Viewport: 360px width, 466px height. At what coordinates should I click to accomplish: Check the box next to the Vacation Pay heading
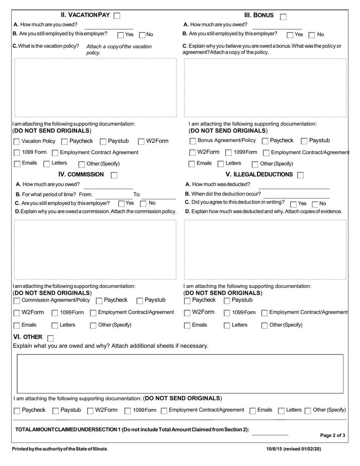[117, 16]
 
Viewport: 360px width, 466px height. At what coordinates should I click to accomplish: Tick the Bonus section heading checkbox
[283, 16]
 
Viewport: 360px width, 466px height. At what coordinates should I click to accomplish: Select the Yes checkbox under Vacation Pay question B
[121, 35]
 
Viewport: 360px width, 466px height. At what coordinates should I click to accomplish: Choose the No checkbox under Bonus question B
[312, 35]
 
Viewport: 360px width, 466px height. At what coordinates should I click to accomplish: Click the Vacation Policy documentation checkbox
[17, 142]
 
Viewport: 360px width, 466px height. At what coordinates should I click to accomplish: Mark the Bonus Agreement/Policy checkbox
[193, 141]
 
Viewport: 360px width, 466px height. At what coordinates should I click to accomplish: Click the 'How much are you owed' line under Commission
[108, 185]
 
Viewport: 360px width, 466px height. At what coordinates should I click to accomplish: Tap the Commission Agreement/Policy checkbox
[17, 301]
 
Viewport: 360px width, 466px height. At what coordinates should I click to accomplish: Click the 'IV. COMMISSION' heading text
[81, 174]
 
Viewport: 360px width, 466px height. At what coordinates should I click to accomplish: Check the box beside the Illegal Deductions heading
[300, 175]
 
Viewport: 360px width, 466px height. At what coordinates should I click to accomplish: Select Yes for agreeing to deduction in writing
[293, 204]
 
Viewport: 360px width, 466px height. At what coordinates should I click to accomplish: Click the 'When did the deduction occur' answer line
[296, 194]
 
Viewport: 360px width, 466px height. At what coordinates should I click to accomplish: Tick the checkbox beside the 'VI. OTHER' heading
[50, 338]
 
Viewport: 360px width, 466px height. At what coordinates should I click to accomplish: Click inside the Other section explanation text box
[180, 374]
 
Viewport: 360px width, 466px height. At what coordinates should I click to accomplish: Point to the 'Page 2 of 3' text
[332, 435]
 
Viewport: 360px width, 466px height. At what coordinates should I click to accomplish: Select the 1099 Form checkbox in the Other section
[128, 411]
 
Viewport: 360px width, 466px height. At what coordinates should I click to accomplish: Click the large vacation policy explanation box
[95, 88]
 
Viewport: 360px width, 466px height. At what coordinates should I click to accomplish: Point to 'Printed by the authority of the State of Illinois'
[59, 449]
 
